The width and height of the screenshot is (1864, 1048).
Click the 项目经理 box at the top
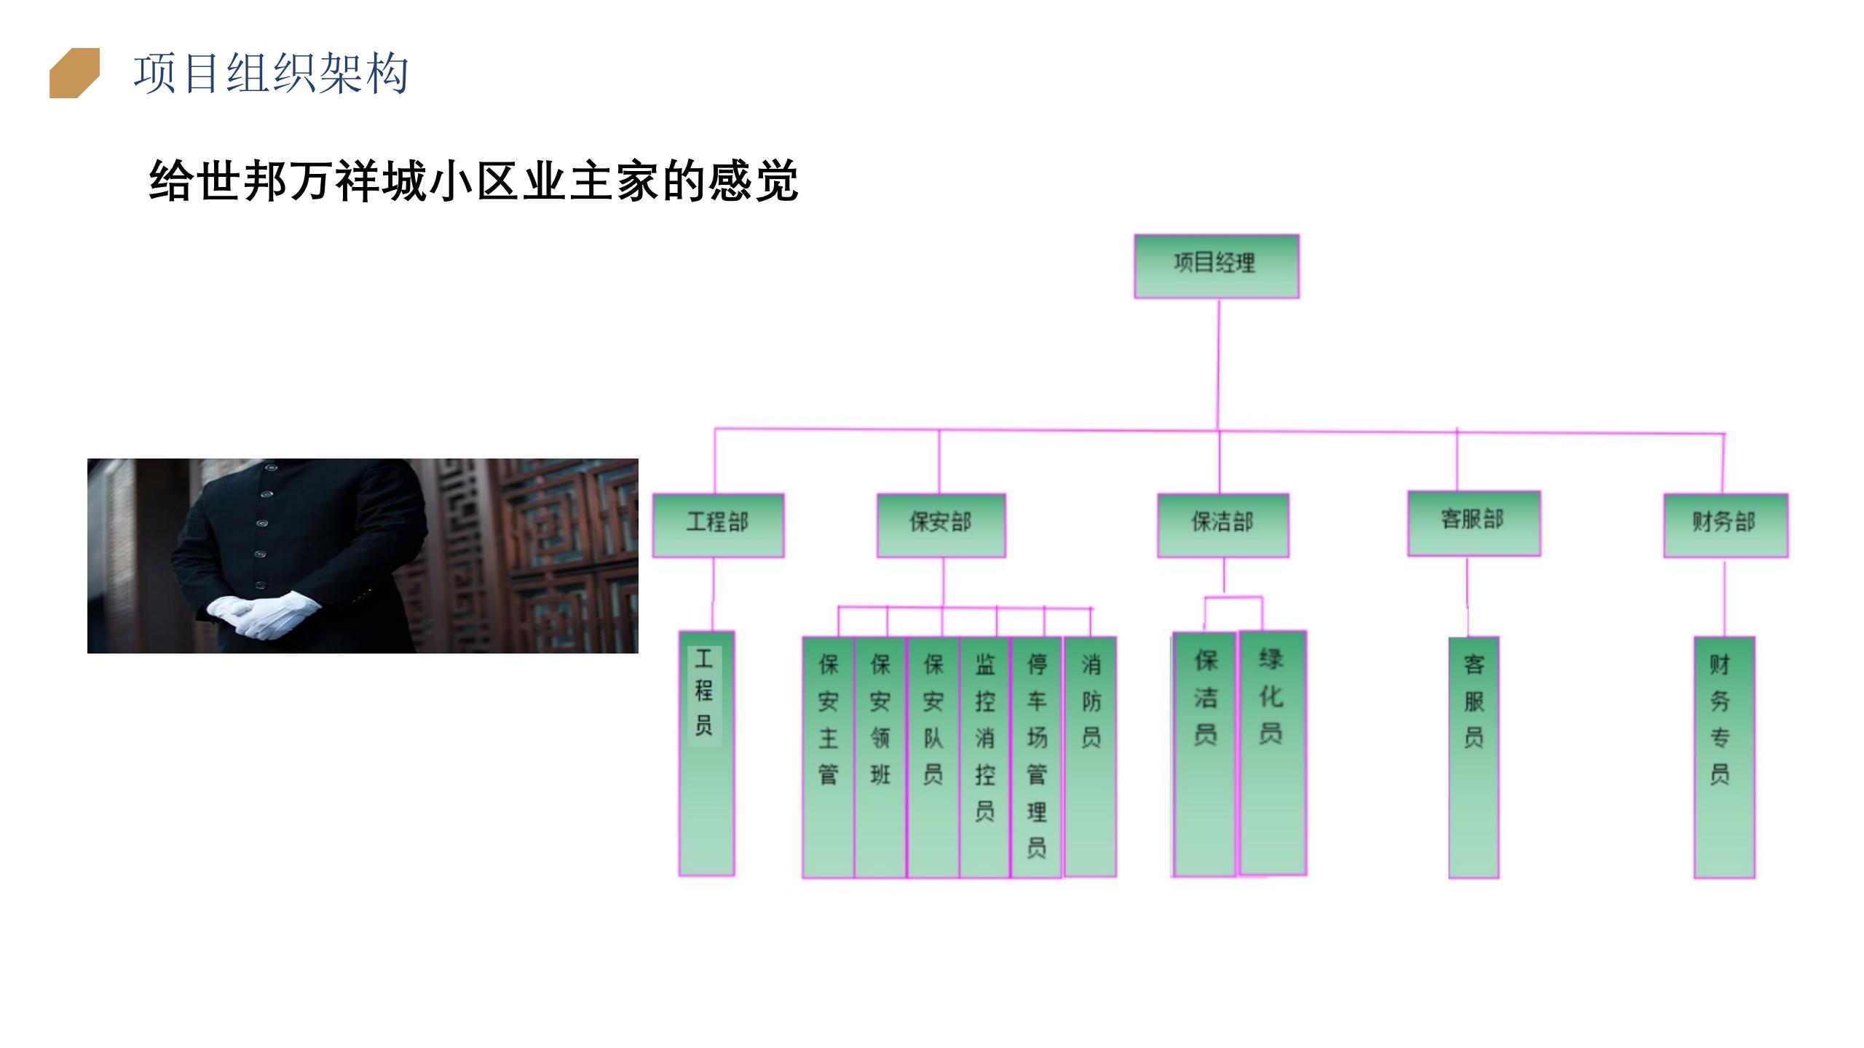tap(1216, 266)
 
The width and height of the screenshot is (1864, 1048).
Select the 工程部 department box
tap(718, 525)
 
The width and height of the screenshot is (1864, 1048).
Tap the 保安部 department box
tap(941, 525)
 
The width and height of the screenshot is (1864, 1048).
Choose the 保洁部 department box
tap(1223, 525)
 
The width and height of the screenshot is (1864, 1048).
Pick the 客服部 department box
tap(1474, 523)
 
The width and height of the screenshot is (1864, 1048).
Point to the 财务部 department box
tap(1726, 525)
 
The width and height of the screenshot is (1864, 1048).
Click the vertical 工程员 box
tap(706, 753)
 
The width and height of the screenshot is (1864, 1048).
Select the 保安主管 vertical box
tap(828, 758)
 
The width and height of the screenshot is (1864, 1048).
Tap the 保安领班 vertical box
tap(880, 758)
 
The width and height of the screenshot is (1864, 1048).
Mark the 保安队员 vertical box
tap(933, 758)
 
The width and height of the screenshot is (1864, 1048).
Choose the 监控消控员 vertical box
tap(985, 758)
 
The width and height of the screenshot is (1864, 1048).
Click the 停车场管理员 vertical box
tap(1037, 758)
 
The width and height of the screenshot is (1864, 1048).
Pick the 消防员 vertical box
tap(1090, 757)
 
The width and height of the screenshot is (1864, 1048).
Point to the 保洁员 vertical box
tap(1204, 755)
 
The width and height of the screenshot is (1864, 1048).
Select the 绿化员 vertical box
tap(1273, 753)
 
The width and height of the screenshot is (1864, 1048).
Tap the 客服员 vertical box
tap(1474, 758)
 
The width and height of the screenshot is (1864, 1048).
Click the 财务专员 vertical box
tap(1724, 758)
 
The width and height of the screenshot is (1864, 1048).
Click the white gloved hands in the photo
tap(264, 616)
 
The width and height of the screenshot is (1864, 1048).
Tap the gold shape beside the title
tap(74, 73)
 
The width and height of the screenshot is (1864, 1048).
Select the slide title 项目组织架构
tap(271, 74)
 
